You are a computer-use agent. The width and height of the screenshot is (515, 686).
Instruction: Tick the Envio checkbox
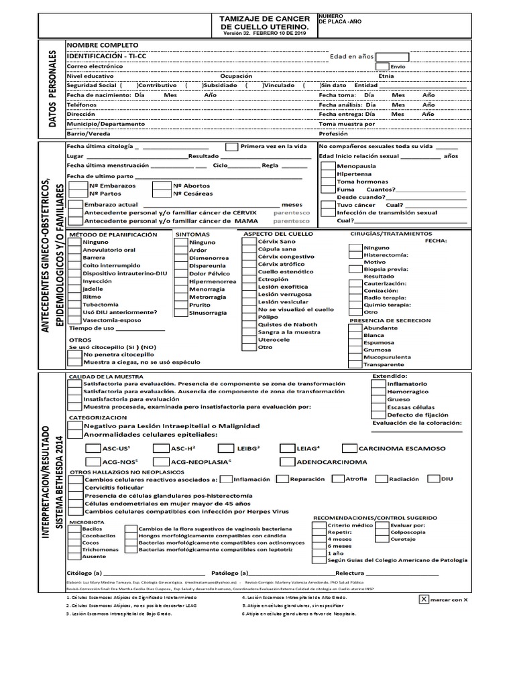point(382,66)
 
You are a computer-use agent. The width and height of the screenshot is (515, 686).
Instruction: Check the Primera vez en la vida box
point(231,146)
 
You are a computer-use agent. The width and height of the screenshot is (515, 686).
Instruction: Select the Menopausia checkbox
point(328,164)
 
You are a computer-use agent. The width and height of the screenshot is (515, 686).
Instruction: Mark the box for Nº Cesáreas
point(161,194)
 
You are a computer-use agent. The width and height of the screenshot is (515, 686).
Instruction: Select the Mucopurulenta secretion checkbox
point(355,357)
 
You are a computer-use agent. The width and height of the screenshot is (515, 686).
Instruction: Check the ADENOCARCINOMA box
point(286,462)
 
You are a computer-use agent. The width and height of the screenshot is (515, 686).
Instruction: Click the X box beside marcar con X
point(423,600)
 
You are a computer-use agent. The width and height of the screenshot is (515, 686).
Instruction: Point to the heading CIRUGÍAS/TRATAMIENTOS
point(390,234)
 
